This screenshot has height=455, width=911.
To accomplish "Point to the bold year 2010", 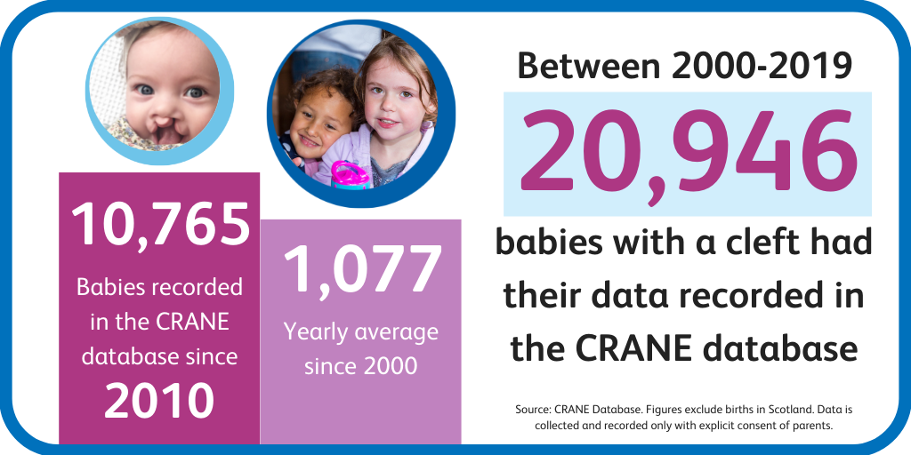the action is [159, 401].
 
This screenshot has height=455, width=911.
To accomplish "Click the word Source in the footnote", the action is [531, 410].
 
